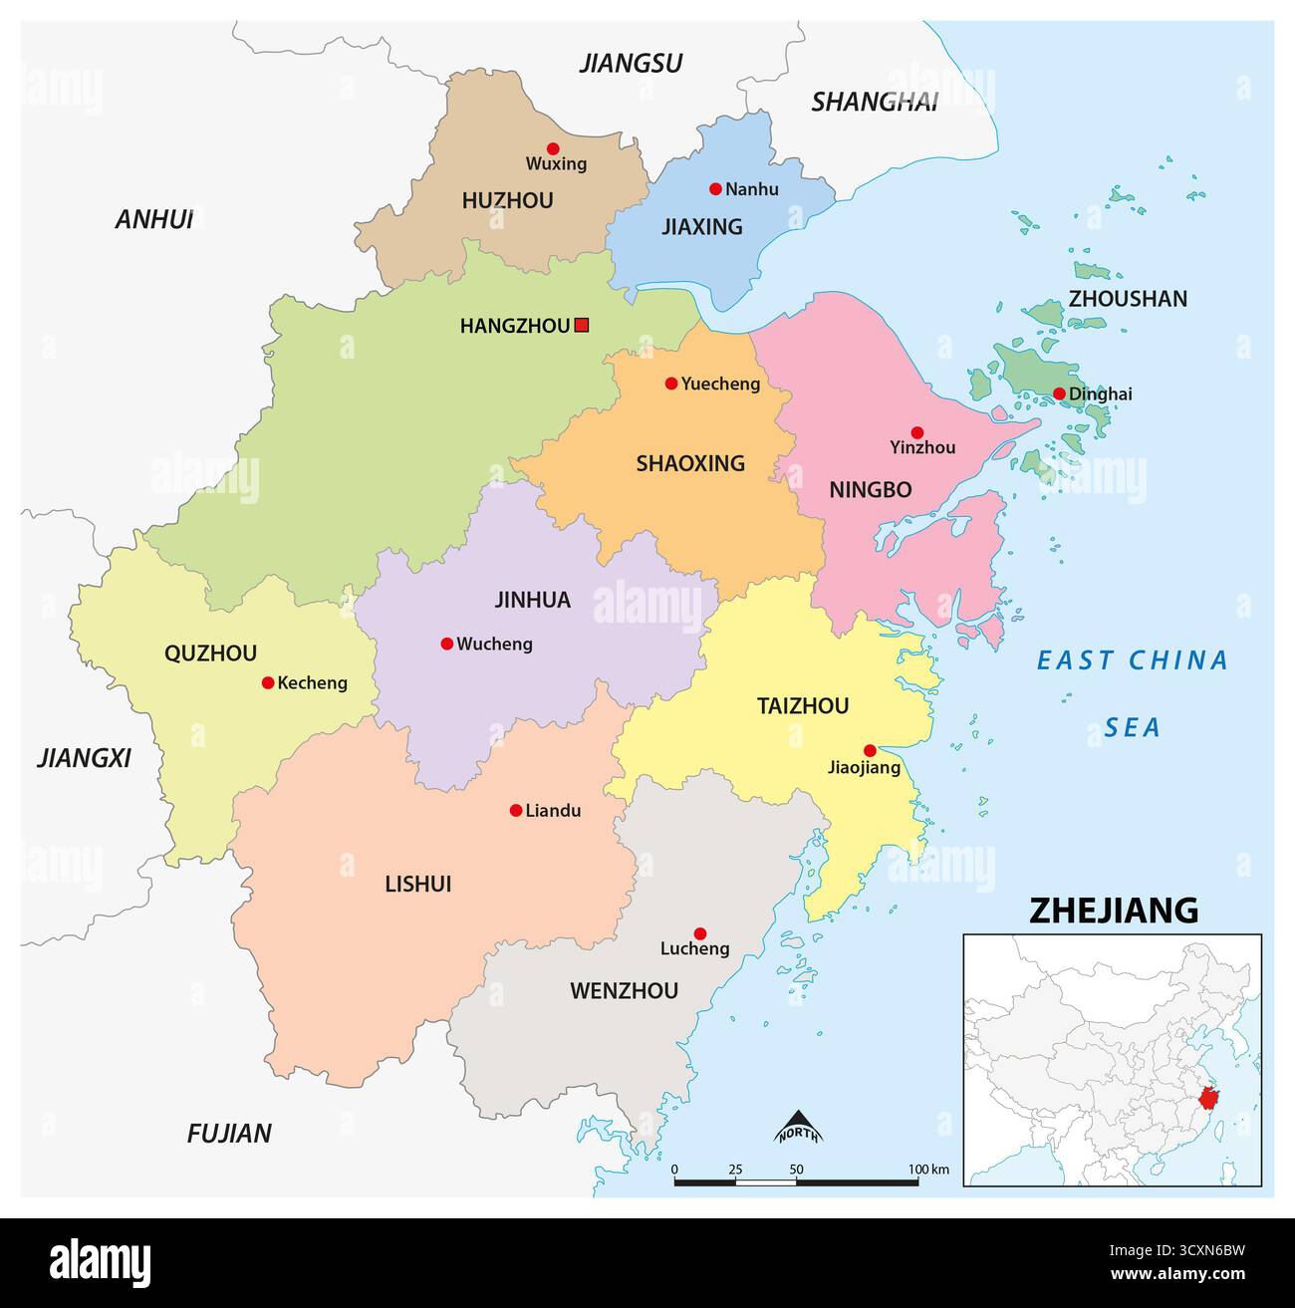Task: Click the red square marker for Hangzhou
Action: point(582,325)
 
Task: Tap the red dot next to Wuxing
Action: point(553,148)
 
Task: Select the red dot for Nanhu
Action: point(715,189)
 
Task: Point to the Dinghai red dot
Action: point(1059,393)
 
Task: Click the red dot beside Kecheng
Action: point(268,682)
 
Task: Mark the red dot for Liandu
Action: point(516,811)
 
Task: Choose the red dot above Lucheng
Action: point(699,933)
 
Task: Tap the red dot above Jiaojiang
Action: point(870,750)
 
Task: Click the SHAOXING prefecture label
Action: point(690,463)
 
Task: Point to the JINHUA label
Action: point(532,600)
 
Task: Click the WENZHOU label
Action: point(624,990)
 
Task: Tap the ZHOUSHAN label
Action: point(1128,299)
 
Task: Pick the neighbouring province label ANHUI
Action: point(154,220)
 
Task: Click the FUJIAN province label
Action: point(229,1133)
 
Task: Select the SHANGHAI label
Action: point(874,102)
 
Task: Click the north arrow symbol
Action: point(797,1127)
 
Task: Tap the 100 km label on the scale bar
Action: point(927,1169)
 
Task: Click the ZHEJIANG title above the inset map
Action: point(1113,910)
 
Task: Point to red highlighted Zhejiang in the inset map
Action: point(1209,1099)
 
